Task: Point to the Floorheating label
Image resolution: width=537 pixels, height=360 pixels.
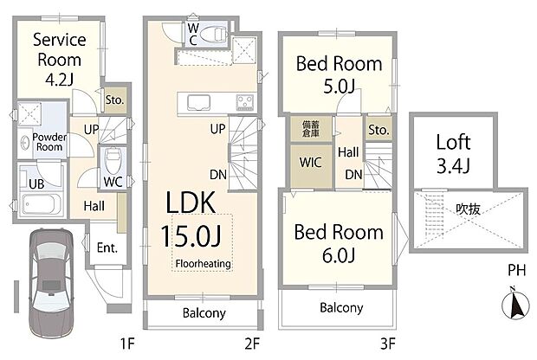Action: (202, 263)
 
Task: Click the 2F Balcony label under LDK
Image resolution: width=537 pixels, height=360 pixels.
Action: (204, 312)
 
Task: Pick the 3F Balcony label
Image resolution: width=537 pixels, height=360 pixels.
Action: (340, 308)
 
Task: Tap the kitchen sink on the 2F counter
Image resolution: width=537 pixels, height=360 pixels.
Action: (193, 101)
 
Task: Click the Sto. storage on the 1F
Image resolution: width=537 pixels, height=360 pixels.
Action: (114, 100)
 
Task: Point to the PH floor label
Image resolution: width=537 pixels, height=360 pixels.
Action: (516, 271)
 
